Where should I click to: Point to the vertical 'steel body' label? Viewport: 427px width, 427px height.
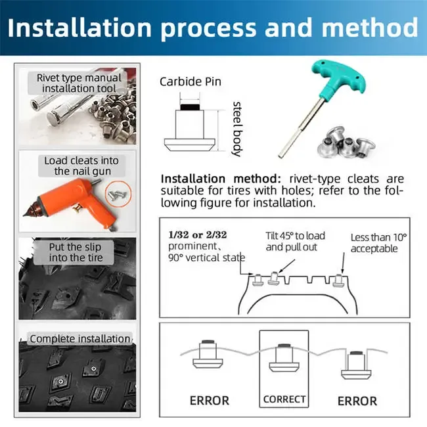[236, 128]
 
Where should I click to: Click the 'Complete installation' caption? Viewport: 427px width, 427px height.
[79, 339]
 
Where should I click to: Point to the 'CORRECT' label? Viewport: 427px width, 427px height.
[284, 399]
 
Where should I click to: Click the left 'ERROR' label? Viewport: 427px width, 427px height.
[209, 400]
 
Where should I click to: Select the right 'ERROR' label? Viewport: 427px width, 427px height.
[357, 400]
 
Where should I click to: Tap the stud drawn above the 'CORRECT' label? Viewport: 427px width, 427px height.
[284, 357]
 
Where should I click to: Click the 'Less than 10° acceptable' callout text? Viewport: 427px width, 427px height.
[378, 243]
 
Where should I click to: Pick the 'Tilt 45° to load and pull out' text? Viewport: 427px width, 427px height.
[295, 242]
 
